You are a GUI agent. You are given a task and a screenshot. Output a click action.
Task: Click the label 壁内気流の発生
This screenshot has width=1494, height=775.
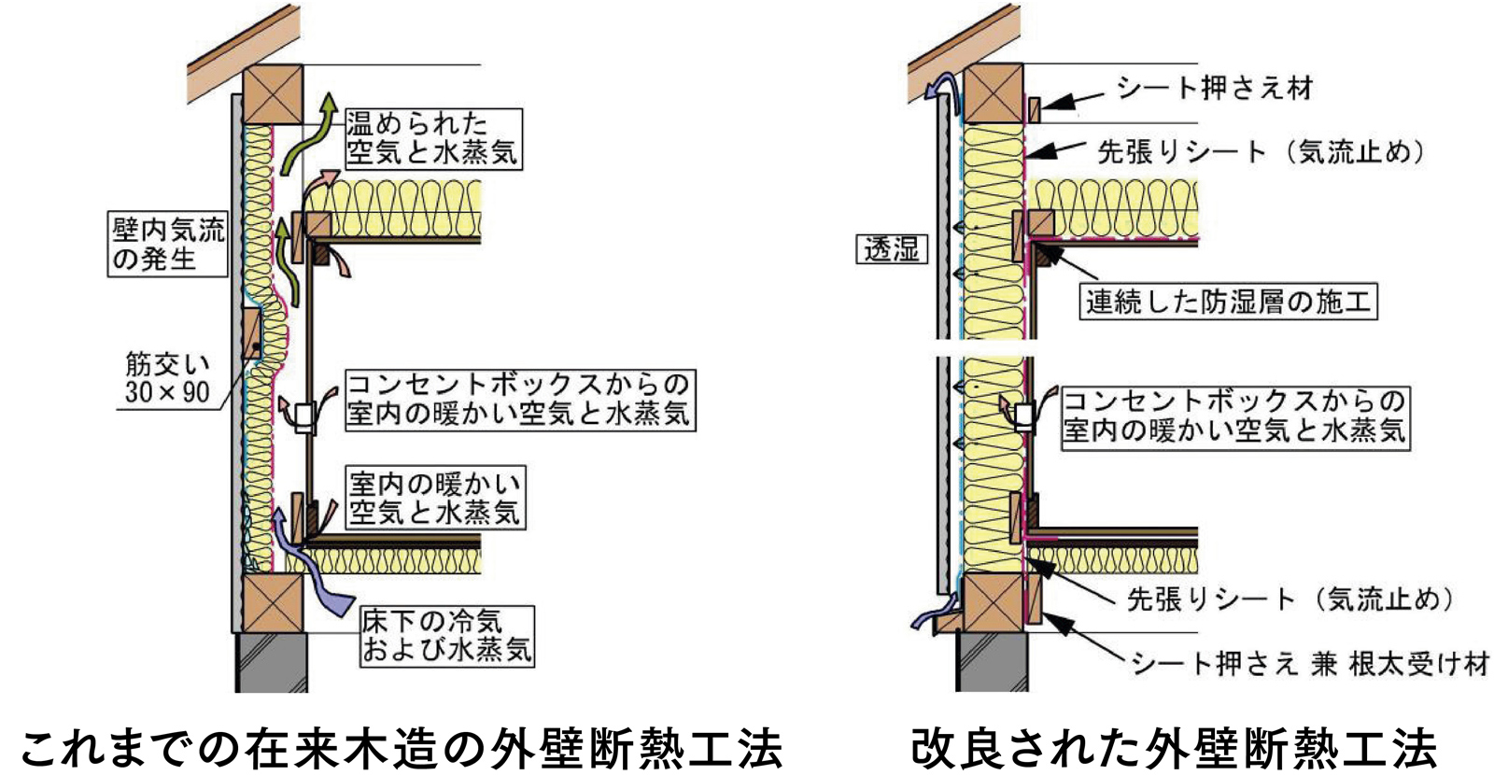pyautogui.click(x=168, y=244)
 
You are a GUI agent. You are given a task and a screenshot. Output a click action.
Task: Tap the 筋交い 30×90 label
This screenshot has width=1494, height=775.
pyautogui.click(x=168, y=377)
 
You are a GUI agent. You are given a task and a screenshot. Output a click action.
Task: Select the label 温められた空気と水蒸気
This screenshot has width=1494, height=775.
pyautogui.click(x=432, y=138)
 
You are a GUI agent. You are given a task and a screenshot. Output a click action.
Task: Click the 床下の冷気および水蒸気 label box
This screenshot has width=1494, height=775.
pyautogui.click(x=446, y=636)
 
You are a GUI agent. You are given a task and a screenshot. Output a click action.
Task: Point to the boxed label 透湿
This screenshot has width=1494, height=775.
pyautogui.click(x=892, y=249)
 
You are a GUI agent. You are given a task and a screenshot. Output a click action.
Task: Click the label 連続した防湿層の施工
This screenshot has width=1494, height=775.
pyautogui.click(x=1228, y=302)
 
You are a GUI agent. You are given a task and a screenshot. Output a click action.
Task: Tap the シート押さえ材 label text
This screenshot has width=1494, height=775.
pyautogui.click(x=1215, y=88)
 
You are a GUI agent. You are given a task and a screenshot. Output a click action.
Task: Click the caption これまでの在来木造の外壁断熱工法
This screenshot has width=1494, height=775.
pyautogui.click(x=401, y=748)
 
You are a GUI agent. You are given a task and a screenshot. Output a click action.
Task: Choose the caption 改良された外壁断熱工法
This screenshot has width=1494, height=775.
pyautogui.click(x=1174, y=748)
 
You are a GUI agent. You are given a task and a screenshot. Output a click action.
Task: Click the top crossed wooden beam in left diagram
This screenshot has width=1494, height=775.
pyautogui.click(x=273, y=94)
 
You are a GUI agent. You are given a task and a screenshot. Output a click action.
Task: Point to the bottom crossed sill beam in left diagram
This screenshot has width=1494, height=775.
pyautogui.click(x=273, y=603)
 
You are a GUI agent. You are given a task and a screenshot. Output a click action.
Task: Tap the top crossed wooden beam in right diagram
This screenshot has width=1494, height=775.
pyautogui.click(x=993, y=94)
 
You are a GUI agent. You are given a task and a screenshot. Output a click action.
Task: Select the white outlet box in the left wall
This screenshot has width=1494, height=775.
pyautogui.click(x=304, y=416)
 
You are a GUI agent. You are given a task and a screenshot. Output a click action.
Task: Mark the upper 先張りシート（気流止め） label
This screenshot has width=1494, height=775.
pyautogui.click(x=1261, y=151)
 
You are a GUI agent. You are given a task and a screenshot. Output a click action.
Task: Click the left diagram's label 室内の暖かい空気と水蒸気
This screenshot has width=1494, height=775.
pyautogui.click(x=434, y=498)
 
